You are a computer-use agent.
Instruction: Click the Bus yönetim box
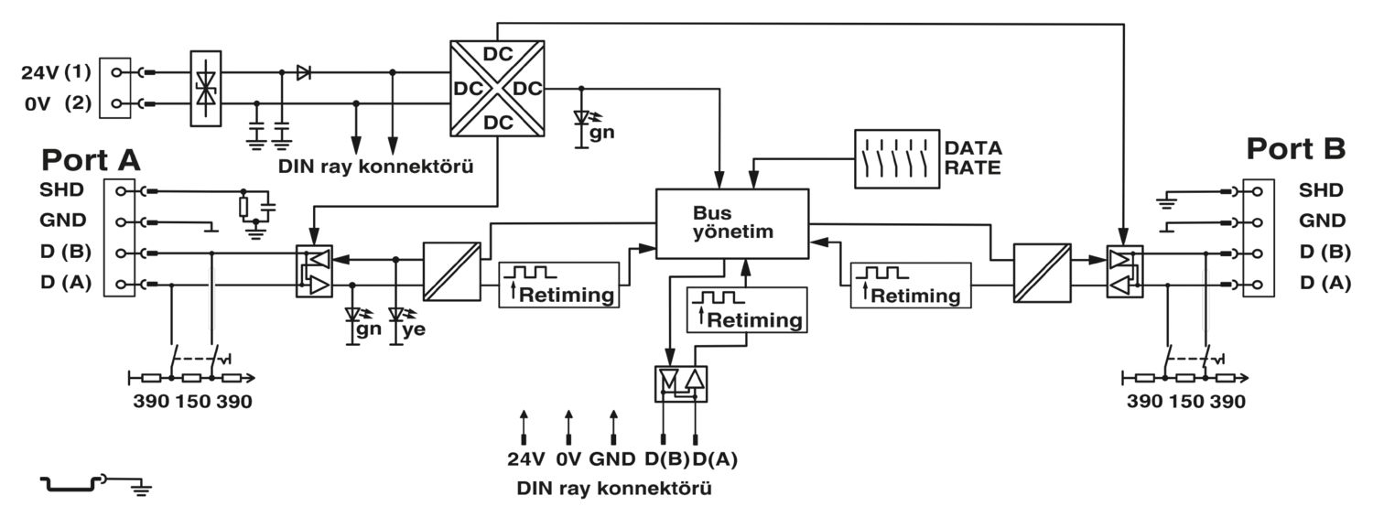click(x=732, y=223)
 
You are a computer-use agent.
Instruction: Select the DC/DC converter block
click(x=497, y=88)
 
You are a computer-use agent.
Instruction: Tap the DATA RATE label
click(x=973, y=157)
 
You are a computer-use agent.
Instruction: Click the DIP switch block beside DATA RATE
click(x=897, y=158)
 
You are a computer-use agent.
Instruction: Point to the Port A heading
click(x=91, y=160)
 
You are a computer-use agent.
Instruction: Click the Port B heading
click(x=1296, y=149)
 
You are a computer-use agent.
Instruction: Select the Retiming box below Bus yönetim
click(x=747, y=310)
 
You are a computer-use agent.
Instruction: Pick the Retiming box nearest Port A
click(x=558, y=285)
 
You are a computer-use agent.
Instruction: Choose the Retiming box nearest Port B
click(x=910, y=286)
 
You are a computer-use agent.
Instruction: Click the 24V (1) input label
click(x=56, y=72)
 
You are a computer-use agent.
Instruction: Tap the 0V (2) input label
click(x=58, y=103)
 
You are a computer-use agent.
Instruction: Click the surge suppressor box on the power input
click(x=206, y=89)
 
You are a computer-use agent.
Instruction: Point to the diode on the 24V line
click(x=303, y=73)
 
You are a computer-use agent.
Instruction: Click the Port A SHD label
click(x=61, y=190)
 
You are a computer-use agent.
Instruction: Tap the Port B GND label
click(x=1322, y=221)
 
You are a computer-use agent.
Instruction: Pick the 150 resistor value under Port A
click(x=192, y=402)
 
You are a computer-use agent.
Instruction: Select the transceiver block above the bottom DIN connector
click(x=681, y=384)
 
